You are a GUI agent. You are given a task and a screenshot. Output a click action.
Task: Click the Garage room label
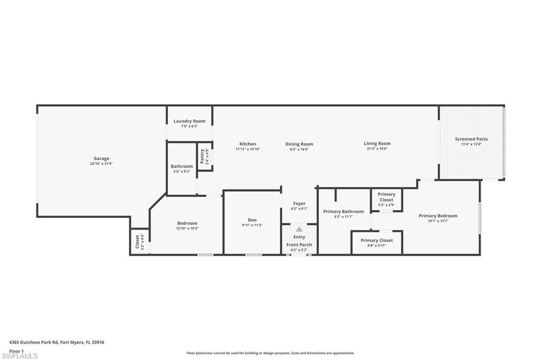tap(101, 158)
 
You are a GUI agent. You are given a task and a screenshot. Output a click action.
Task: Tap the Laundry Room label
tap(189, 121)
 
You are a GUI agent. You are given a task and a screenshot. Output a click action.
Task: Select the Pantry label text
tap(202, 156)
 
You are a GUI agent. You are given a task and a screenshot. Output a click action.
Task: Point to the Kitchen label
tap(248, 144)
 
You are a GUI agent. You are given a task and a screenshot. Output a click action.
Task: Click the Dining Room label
tap(299, 144)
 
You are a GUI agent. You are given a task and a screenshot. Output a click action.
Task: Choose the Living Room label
tap(377, 144)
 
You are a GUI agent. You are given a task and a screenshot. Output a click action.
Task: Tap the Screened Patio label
tap(471, 139)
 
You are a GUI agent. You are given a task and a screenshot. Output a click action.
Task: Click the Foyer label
tap(299, 203)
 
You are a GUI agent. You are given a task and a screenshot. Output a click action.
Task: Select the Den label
tap(252, 220)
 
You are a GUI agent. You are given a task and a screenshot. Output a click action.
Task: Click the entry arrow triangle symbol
tap(299, 229)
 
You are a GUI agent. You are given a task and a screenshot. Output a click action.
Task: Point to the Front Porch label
tap(299, 245)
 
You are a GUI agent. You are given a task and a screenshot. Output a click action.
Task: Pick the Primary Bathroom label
tap(343, 211)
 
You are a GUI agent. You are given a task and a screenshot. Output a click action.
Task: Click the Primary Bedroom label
tap(438, 215)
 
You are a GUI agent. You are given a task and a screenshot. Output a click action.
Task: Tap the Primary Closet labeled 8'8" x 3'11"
tap(377, 240)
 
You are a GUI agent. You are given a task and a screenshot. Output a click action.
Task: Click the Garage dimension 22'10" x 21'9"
tap(101, 164)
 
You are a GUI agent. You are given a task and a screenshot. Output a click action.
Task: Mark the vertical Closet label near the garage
tap(137, 242)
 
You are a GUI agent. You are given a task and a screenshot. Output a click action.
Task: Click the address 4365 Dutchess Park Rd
tap(57, 342)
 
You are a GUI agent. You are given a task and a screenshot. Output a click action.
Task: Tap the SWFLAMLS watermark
tap(20, 356)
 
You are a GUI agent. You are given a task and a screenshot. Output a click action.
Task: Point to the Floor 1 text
tap(17, 350)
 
